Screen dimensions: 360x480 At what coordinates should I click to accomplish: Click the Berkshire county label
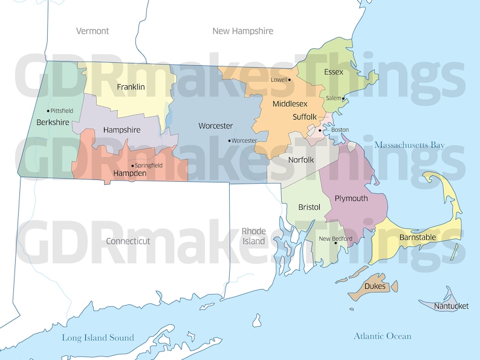pyautogui.click(x=53, y=122)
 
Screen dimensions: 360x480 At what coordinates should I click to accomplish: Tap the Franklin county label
pyautogui.click(x=131, y=87)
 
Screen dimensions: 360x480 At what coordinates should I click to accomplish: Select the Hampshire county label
pyautogui.click(x=122, y=130)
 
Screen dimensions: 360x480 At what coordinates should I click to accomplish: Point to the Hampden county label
pyautogui.click(x=130, y=173)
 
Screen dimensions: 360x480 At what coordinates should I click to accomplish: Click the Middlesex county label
pyautogui.click(x=290, y=104)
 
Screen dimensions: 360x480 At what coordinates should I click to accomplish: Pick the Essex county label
pyautogui.click(x=333, y=72)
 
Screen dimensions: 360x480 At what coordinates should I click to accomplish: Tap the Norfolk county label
pyautogui.click(x=301, y=160)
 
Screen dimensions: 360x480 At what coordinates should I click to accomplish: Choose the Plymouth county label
pyautogui.click(x=351, y=198)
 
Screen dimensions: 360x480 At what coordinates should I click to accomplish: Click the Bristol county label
pyautogui.click(x=309, y=207)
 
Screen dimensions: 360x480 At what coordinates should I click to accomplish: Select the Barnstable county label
pyautogui.click(x=417, y=237)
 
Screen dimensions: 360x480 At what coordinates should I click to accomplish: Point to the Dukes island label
pyautogui.click(x=375, y=286)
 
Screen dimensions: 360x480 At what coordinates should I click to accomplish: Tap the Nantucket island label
pyautogui.click(x=451, y=306)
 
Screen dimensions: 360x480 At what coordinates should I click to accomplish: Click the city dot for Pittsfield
pyautogui.click(x=48, y=111)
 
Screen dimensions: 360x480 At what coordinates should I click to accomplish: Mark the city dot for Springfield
pyautogui.click(x=132, y=166)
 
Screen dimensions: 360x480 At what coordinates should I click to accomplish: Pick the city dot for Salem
pyautogui.click(x=343, y=98)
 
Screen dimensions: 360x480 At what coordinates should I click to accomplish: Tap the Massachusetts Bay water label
pyautogui.click(x=409, y=145)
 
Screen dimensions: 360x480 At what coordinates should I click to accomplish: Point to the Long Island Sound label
pyautogui.click(x=98, y=338)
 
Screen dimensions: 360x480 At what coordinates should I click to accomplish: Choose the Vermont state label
pyautogui.click(x=92, y=31)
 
